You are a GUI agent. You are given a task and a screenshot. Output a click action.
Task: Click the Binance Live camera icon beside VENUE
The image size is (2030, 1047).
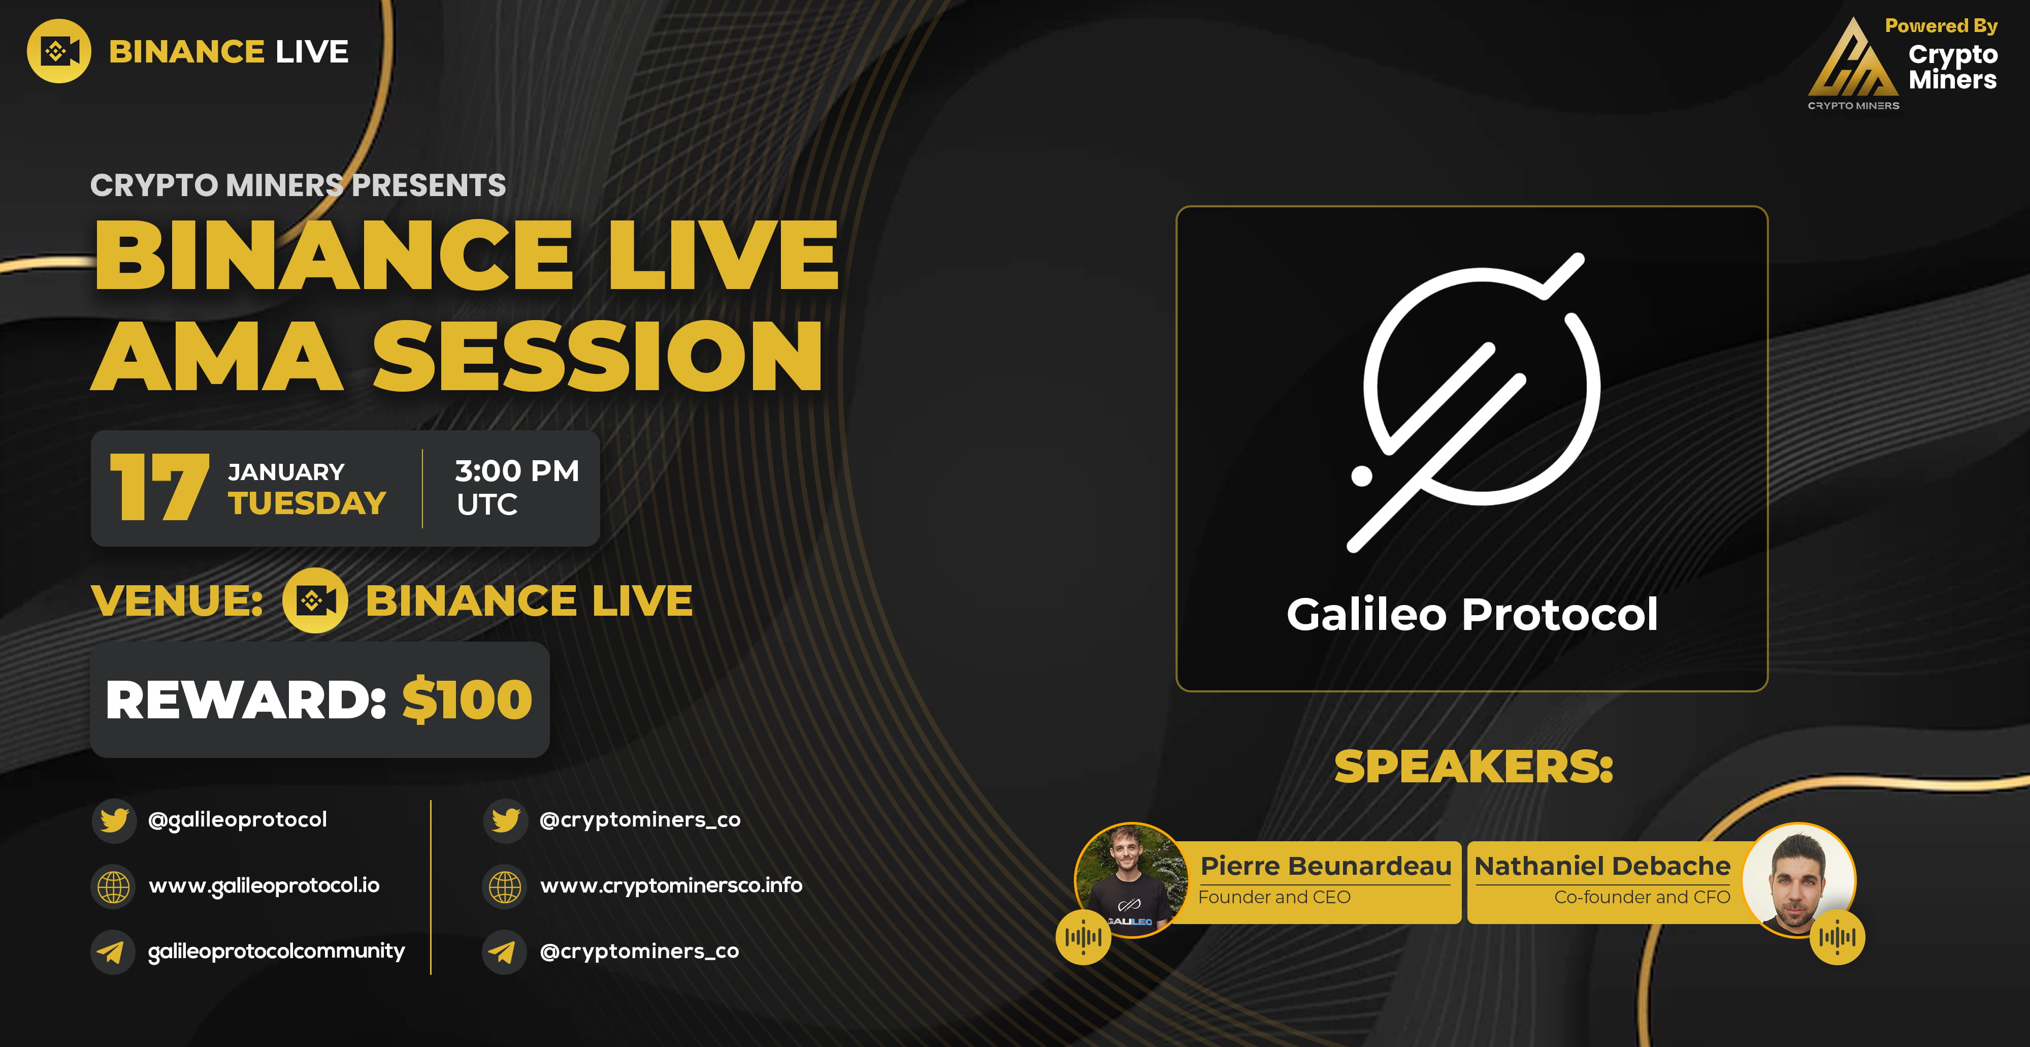[314, 601]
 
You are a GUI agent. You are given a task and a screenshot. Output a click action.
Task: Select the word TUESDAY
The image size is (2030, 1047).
[307, 503]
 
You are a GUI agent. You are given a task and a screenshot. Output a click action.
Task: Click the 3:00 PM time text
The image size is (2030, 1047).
[517, 471]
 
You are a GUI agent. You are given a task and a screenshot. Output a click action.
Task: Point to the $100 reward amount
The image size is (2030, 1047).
[467, 700]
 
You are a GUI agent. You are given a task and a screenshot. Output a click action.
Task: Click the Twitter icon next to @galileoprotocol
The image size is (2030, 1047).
[113, 820]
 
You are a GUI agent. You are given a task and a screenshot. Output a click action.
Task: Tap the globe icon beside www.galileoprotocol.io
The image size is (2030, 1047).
[113, 886]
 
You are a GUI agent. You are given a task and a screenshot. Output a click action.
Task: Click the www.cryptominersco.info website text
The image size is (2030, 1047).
[671, 885]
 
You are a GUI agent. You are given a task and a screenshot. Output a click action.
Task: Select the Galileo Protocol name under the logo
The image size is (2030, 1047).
[1472, 614]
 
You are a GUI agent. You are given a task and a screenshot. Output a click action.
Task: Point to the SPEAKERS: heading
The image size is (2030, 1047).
[1474, 767]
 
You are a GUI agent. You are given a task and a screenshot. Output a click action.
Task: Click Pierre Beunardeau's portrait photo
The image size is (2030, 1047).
[1132, 879]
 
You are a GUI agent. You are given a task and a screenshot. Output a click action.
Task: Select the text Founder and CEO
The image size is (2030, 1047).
[1274, 897]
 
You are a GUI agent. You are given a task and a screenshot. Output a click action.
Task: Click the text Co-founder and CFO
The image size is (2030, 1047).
[1642, 897]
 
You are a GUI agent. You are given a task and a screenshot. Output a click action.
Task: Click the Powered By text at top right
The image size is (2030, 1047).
[1941, 26]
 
